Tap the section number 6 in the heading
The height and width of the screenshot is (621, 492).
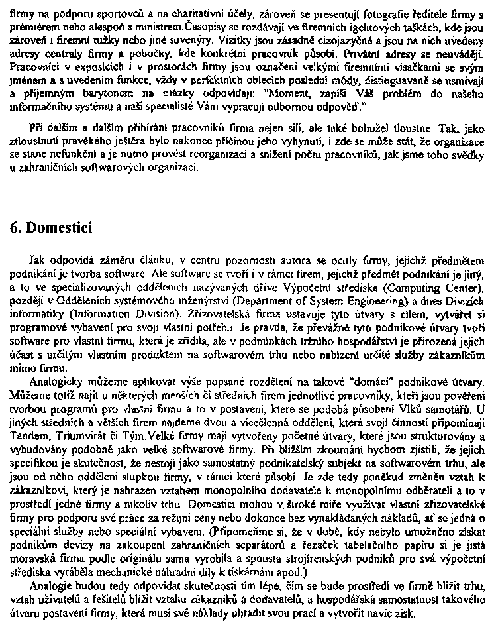click(x=15, y=227)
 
